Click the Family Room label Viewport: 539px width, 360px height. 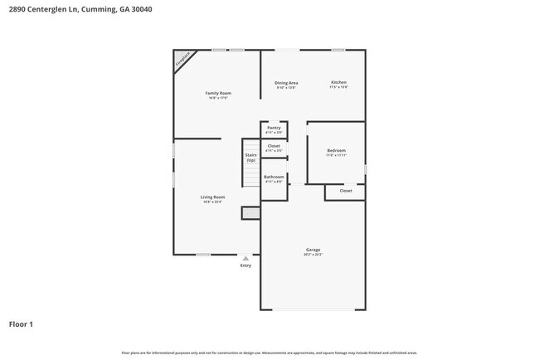[217, 93]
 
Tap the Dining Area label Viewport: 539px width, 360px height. [286, 83]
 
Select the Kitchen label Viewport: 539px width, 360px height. [338, 83]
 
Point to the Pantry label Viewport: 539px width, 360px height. [274, 128]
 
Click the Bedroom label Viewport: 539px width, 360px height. [336, 150]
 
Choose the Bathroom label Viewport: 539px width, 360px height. [274, 177]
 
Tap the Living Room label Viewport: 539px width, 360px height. [213, 197]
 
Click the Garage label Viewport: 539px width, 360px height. [313, 250]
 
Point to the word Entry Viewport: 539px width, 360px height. [245, 265]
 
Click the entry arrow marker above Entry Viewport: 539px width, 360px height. [245, 258]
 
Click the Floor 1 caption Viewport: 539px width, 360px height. [21, 324]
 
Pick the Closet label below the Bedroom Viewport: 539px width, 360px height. [346, 191]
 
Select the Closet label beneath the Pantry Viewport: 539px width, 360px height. [274, 146]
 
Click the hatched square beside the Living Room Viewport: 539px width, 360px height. [250, 213]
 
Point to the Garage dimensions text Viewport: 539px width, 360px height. [313, 255]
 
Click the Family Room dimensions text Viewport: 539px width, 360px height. [217, 98]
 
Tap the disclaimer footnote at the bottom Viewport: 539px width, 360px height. [269, 353]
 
